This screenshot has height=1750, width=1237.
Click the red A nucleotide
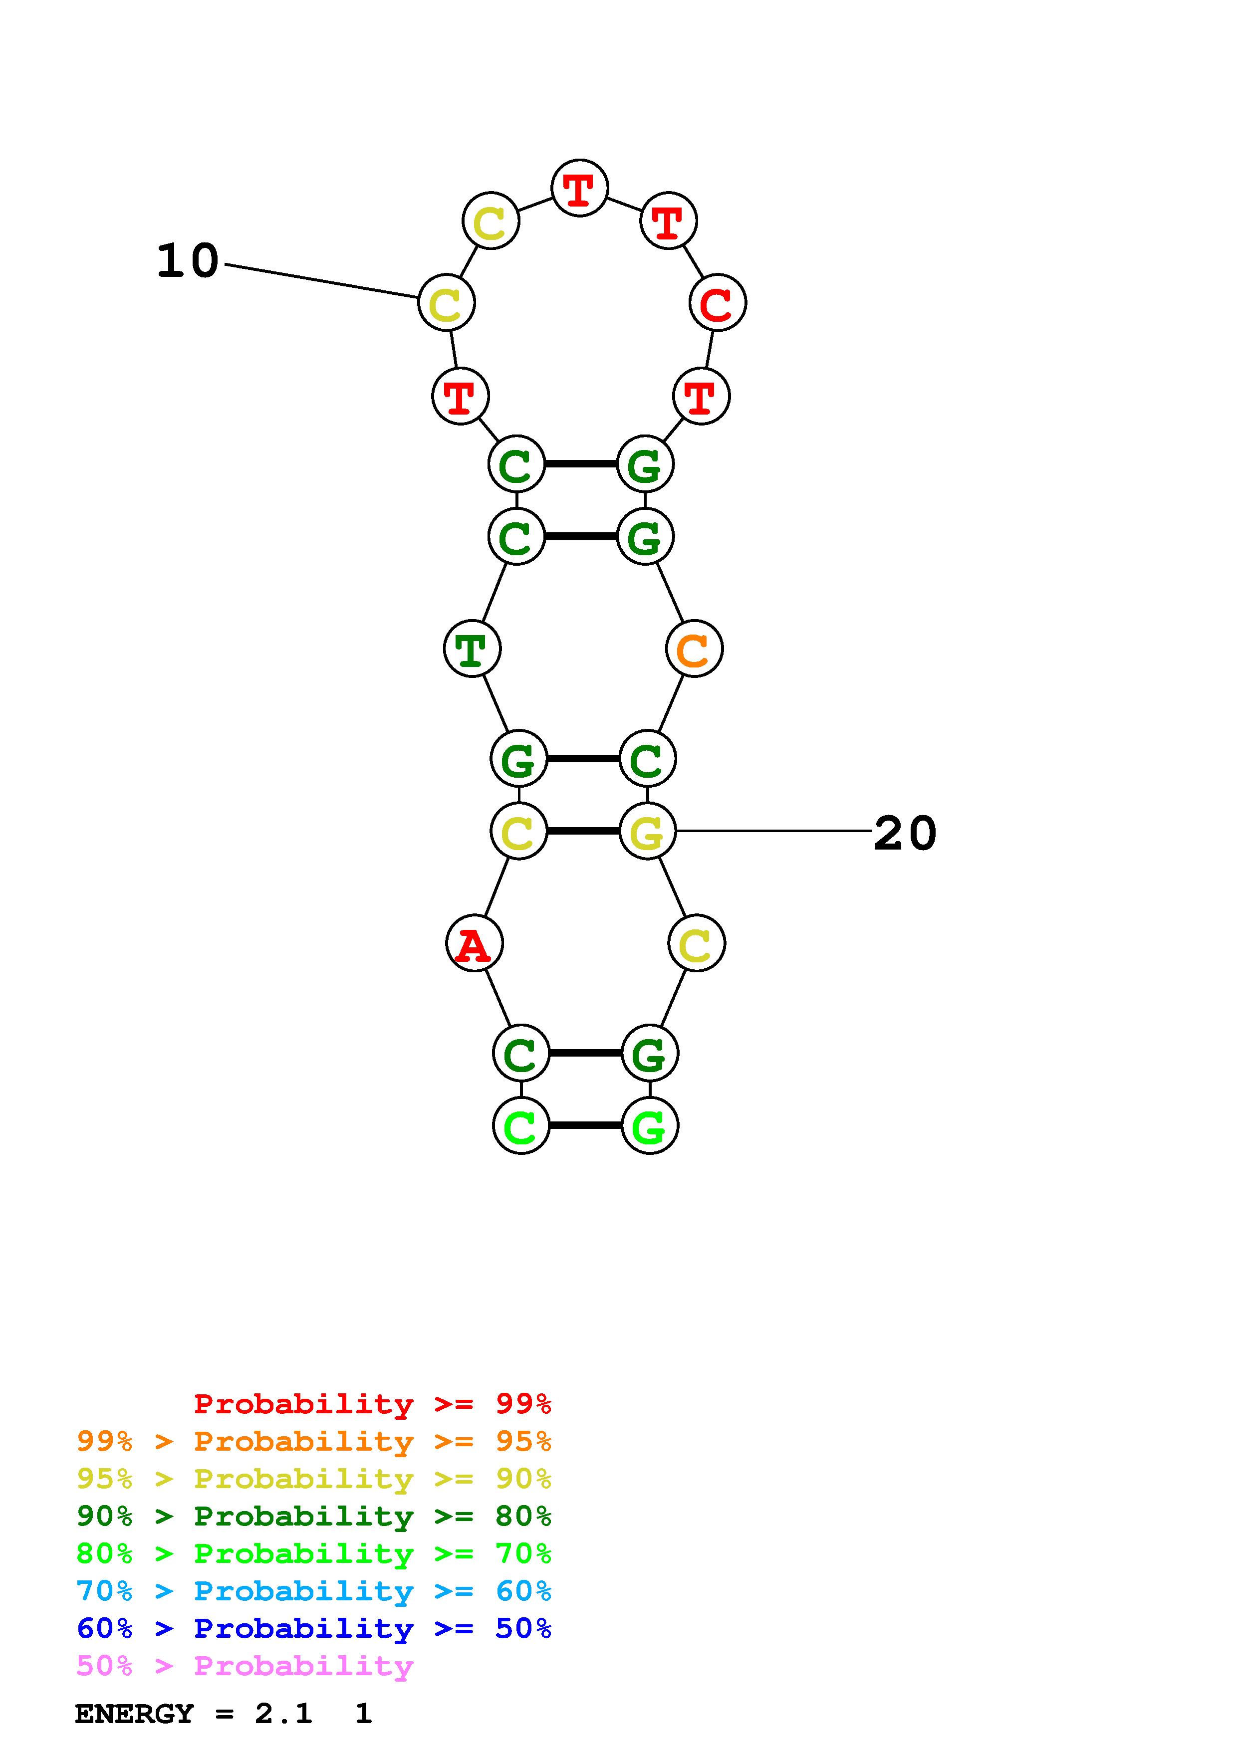(474, 944)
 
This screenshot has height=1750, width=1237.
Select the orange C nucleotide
(694, 650)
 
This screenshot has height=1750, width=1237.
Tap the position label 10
(188, 261)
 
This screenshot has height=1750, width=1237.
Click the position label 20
(905, 833)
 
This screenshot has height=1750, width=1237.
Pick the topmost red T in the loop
(579, 188)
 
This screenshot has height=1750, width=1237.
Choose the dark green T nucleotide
(472, 650)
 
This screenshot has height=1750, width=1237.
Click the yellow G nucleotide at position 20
(647, 832)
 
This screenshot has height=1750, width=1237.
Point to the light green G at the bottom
(649, 1126)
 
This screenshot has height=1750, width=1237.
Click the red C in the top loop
(717, 303)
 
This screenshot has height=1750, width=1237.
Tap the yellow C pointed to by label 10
(447, 303)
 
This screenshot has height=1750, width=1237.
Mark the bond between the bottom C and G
(585, 1125)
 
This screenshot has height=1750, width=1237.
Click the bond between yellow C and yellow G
(583, 831)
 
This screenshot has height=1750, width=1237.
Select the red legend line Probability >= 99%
(372, 1404)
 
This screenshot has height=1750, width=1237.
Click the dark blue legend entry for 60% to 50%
(314, 1629)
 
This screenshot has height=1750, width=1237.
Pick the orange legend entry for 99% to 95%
(314, 1441)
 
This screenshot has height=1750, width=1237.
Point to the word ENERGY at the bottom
(134, 1714)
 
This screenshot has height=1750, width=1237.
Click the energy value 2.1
(283, 1714)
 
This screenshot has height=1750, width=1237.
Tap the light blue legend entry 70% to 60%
(314, 1591)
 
